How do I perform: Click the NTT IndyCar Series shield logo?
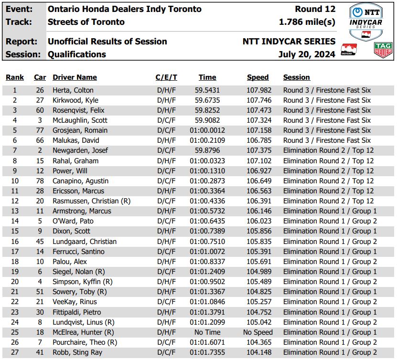click(x=366, y=22)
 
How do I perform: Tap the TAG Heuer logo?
click(x=383, y=49)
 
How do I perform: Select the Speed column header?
click(x=258, y=77)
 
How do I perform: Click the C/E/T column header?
click(x=166, y=77)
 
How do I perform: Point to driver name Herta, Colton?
click(x=73, y=90)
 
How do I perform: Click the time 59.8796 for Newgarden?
click(x=207, y=150)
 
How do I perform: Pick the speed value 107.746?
click(x=258, y=100)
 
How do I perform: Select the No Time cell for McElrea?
click(x=207, y=332)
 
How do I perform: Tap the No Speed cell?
click(x=258, y=332)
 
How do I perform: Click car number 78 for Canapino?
click(x=40, y=181)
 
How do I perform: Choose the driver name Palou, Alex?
click(x=70, y=262)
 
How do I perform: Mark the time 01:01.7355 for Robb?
click(x=207, y=352)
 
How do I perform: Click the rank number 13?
click(x=15, y=211)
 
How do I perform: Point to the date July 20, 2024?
click(x=307, y=54)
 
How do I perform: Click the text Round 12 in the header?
click(x=315, y=9)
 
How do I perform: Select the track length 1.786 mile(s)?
click(x=307, y=22)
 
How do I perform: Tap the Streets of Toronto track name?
click(x=86, y=22)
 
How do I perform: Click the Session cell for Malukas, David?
click(x=327, y=140)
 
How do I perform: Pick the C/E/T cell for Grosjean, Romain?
click(x=166, y=130)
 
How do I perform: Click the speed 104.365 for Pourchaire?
click(x=258, y=342)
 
